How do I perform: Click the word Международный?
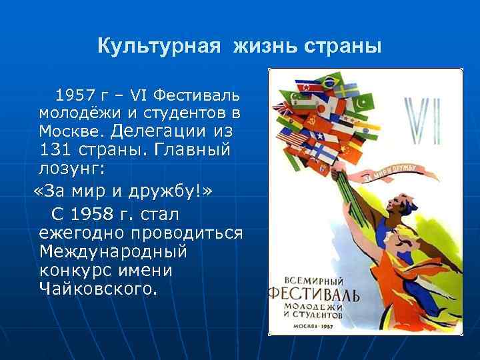[113, 253]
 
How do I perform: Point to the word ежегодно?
[82, 234]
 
